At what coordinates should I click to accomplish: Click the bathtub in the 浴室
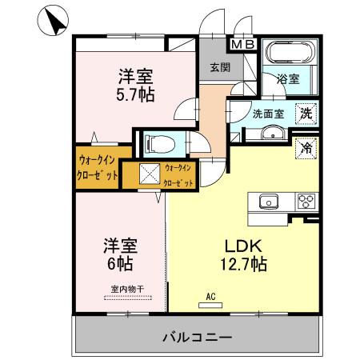[x=290, y=54]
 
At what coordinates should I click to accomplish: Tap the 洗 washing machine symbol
[x=306, y=114]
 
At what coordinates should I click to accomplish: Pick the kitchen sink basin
[x=266, y=202]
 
